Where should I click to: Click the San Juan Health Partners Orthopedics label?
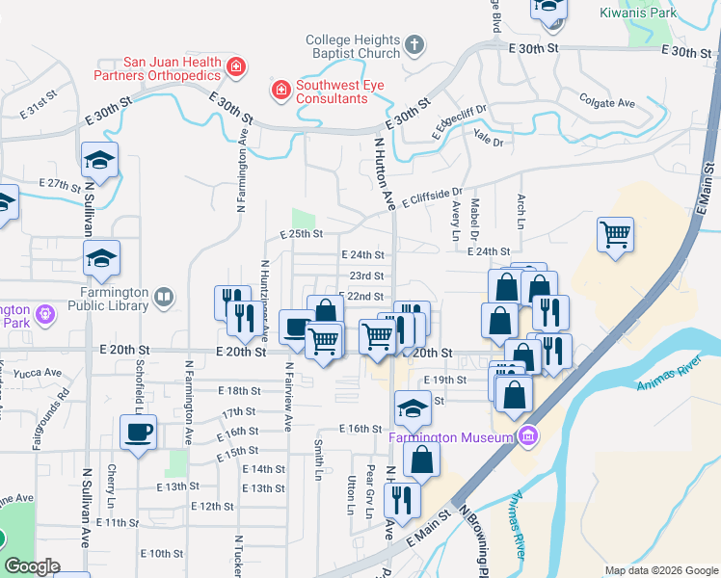[156, 66]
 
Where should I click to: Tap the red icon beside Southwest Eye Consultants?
[280, 91]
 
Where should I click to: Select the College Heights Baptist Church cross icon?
[414, 44]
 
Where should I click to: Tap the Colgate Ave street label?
[606, 100]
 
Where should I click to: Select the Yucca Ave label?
[40, 373]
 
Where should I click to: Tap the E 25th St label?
[301, 234]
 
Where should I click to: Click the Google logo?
[32, 566]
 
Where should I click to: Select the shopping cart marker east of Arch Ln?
[615, 234]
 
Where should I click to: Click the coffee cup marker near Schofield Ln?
[137, 432]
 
